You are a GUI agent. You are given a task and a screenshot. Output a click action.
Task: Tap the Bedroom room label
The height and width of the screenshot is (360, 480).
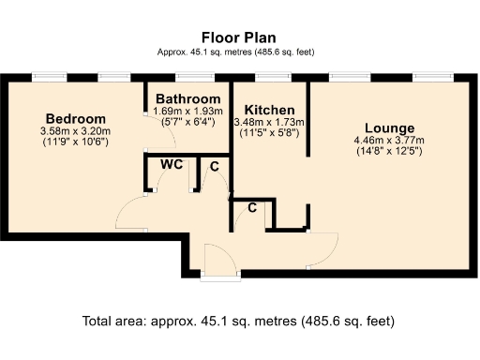[75, 119]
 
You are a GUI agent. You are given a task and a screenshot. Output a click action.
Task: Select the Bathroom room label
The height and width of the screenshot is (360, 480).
[188, 98]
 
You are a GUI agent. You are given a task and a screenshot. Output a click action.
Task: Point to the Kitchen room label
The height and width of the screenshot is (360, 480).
[270, 110]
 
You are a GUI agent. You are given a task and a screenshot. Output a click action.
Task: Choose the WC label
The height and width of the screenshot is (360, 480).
[171, 164]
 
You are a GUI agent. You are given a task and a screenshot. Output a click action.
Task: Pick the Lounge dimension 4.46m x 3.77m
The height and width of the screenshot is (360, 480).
[388, 141]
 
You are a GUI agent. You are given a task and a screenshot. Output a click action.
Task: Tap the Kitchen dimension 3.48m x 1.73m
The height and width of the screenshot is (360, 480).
[270, 123]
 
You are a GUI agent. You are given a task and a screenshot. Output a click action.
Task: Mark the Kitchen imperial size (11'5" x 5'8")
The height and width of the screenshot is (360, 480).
[270, 133]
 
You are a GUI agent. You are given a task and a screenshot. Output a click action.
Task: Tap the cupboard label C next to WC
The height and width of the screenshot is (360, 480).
[215, 167]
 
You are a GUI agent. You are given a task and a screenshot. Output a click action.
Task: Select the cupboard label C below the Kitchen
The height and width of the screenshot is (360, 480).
[252, 207]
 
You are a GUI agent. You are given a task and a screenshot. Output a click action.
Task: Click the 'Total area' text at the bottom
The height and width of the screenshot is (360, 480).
[239, 321]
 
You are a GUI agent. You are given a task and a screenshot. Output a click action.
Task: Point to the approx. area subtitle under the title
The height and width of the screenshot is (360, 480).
[239, 53]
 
